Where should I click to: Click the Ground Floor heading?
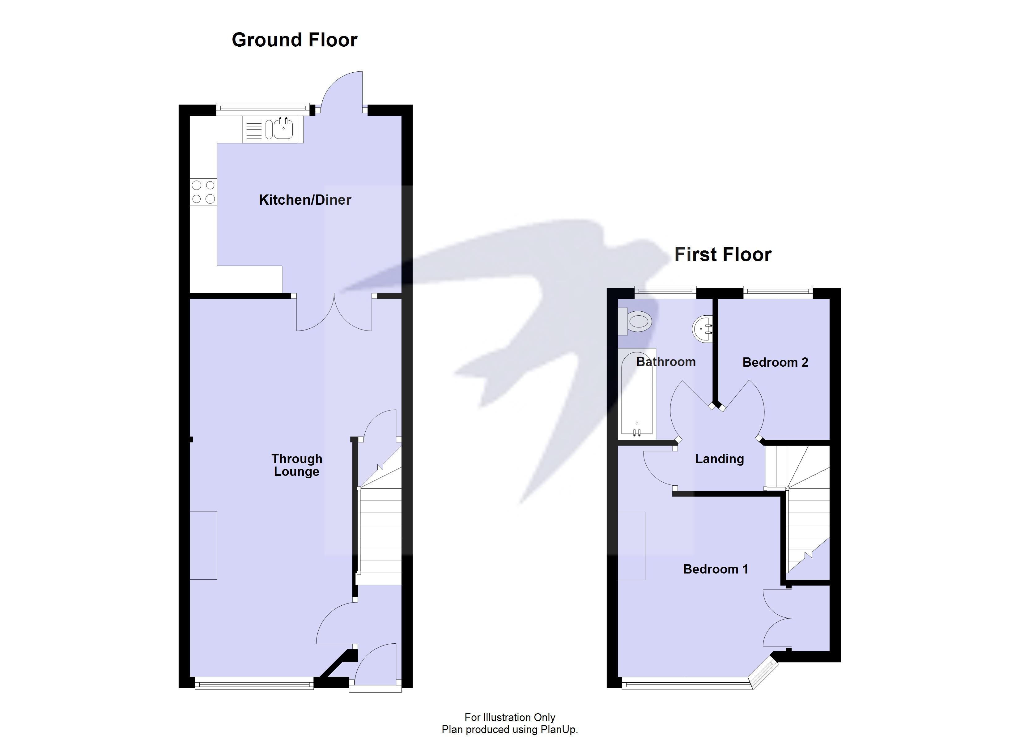point(294,40)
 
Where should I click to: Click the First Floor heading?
point(723,255)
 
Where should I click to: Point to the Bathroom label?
point(665,362)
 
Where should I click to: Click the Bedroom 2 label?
point(775,362)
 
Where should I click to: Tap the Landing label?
point(719,459)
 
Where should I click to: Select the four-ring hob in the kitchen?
point(203,192)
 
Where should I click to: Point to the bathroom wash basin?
point(703,329)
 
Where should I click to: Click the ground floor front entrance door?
point(376,665)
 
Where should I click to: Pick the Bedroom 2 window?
point(778,292)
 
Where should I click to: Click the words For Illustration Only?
point(510,717)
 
